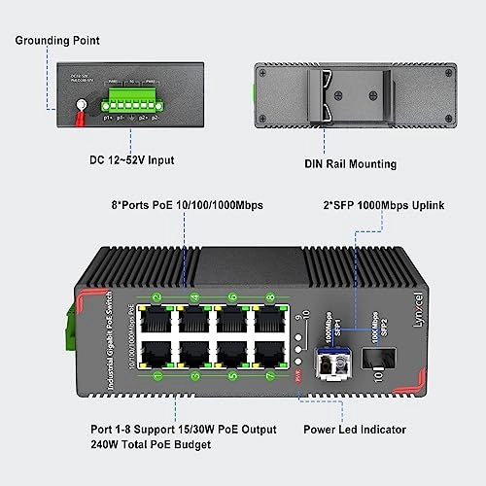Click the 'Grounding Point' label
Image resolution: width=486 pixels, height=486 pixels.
coord(57,41)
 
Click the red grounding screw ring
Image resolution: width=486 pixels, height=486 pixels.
coord(72,113)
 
